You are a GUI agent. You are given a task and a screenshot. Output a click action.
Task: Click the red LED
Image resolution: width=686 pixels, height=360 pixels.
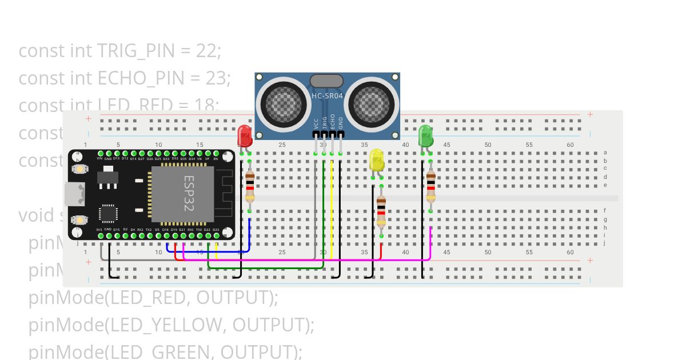pyautogui.click(x=245, y=137)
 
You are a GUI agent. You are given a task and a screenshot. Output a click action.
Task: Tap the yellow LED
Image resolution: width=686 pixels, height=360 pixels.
pyautogui.click(x=377, y=160)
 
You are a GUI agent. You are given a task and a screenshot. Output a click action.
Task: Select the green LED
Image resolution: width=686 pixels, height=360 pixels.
pyautogui.click(x=426, y=136)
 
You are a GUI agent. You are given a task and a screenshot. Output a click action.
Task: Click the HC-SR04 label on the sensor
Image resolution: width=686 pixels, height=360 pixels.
pyautogui.click(x=327, y=96)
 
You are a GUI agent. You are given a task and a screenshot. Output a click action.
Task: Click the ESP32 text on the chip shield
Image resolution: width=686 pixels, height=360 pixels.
pyautogui.click(x=189, y=193)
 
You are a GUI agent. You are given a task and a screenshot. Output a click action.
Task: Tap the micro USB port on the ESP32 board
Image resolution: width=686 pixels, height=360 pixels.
pyautogui.click(x=76, y=194)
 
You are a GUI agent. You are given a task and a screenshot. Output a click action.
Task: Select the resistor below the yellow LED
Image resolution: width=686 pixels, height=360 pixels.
pyautogui.click(x=381, y=211)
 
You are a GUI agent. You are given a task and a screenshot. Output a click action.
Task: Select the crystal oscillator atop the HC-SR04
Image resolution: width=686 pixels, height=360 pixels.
pyautogui.click(x=326, y=81)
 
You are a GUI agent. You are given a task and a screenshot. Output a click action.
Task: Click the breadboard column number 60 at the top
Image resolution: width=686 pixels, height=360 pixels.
pyautogui.click(x=570, y=145)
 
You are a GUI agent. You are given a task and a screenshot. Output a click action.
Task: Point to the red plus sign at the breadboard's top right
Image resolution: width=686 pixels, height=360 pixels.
pyautogui.click(x=590, y=115)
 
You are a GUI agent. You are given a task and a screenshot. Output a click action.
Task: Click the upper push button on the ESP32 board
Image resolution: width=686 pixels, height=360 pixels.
pyautogui.click(x=79, y=169)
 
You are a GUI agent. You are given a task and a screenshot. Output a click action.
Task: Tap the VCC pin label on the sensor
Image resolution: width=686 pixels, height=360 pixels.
pyautogui.click(x=316, y=124)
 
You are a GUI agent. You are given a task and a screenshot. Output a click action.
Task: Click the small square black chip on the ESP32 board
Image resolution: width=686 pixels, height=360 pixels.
pyautogui.click(x=108, y=214)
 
